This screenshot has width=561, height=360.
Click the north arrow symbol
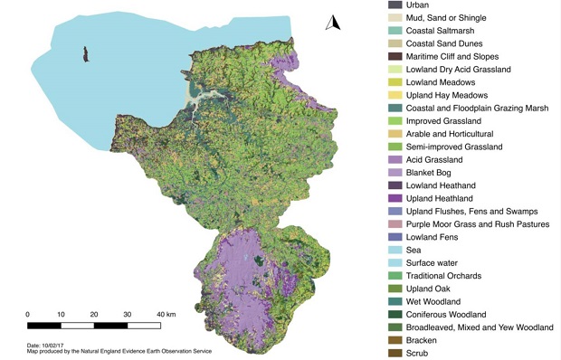point(331,24)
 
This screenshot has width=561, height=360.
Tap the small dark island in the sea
point(85,55)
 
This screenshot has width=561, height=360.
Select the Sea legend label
point(415,249)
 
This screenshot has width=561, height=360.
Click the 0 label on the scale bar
point(27,314)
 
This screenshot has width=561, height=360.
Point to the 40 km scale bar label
point(166,314)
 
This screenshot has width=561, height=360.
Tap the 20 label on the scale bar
point(94,314)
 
